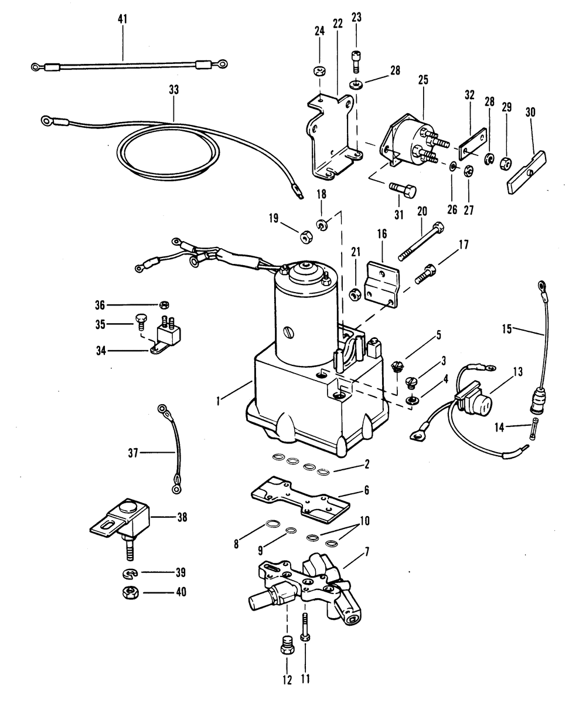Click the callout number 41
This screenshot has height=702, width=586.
pyautogui.click(x=122, y=19)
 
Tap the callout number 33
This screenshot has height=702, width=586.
pyautogui.click(x=173, y=90)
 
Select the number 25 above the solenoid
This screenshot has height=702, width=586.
pyautogui.click(x=423, y=80)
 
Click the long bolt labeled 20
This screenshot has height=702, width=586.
pyautogui.click(x=421, y=240)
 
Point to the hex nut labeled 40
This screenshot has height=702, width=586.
pyautogui.click(x=130, y=593)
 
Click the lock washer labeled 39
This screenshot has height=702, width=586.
pyautogui.click(x=130, y=573)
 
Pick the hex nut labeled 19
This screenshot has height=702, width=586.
pyautogui.click(x=306, y=238)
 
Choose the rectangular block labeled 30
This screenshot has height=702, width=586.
pyautogui.click(x=527, y=172)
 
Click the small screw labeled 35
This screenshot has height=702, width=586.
pyautogui.click(x=139, y=321)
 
